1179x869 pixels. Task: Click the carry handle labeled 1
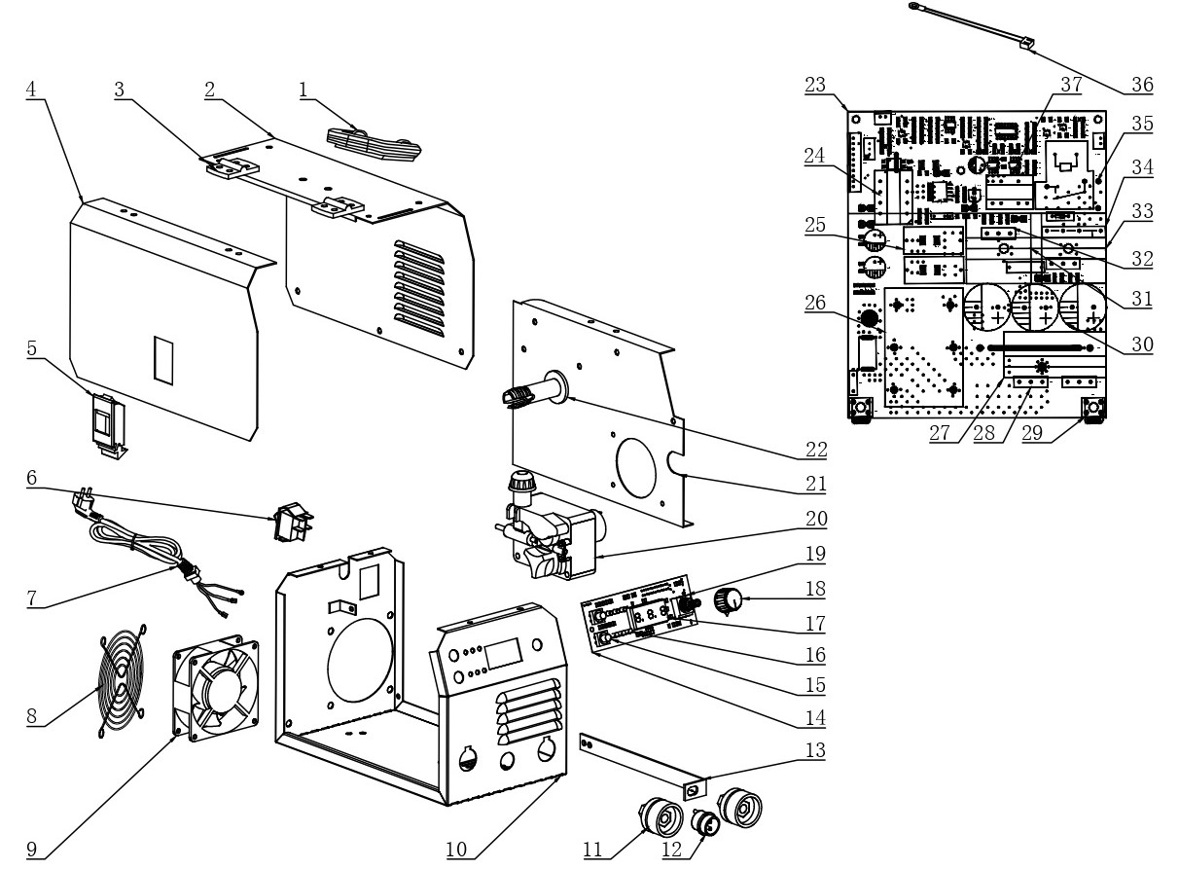375,143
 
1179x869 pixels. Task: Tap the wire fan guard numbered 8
123,680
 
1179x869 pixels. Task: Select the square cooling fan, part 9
216,688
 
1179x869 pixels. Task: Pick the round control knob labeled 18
728,602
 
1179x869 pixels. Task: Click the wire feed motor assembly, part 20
550,526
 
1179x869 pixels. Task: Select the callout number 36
1142,85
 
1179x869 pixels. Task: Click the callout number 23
815,85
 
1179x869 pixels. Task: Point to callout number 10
456,849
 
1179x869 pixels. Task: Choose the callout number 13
815,749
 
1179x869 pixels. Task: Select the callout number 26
815,303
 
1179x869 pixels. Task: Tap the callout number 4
31,89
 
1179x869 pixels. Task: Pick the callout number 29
1031,433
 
